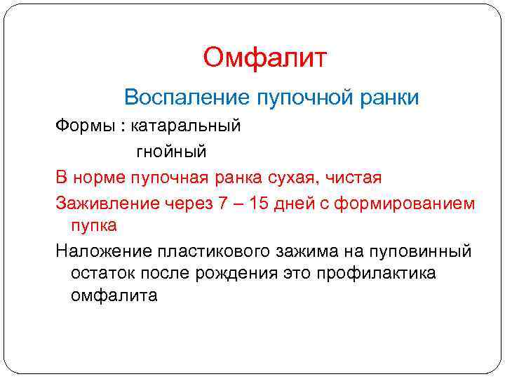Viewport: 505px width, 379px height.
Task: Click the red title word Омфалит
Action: click(265, 58)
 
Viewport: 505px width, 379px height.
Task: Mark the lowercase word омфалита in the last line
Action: click(114, 295)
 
